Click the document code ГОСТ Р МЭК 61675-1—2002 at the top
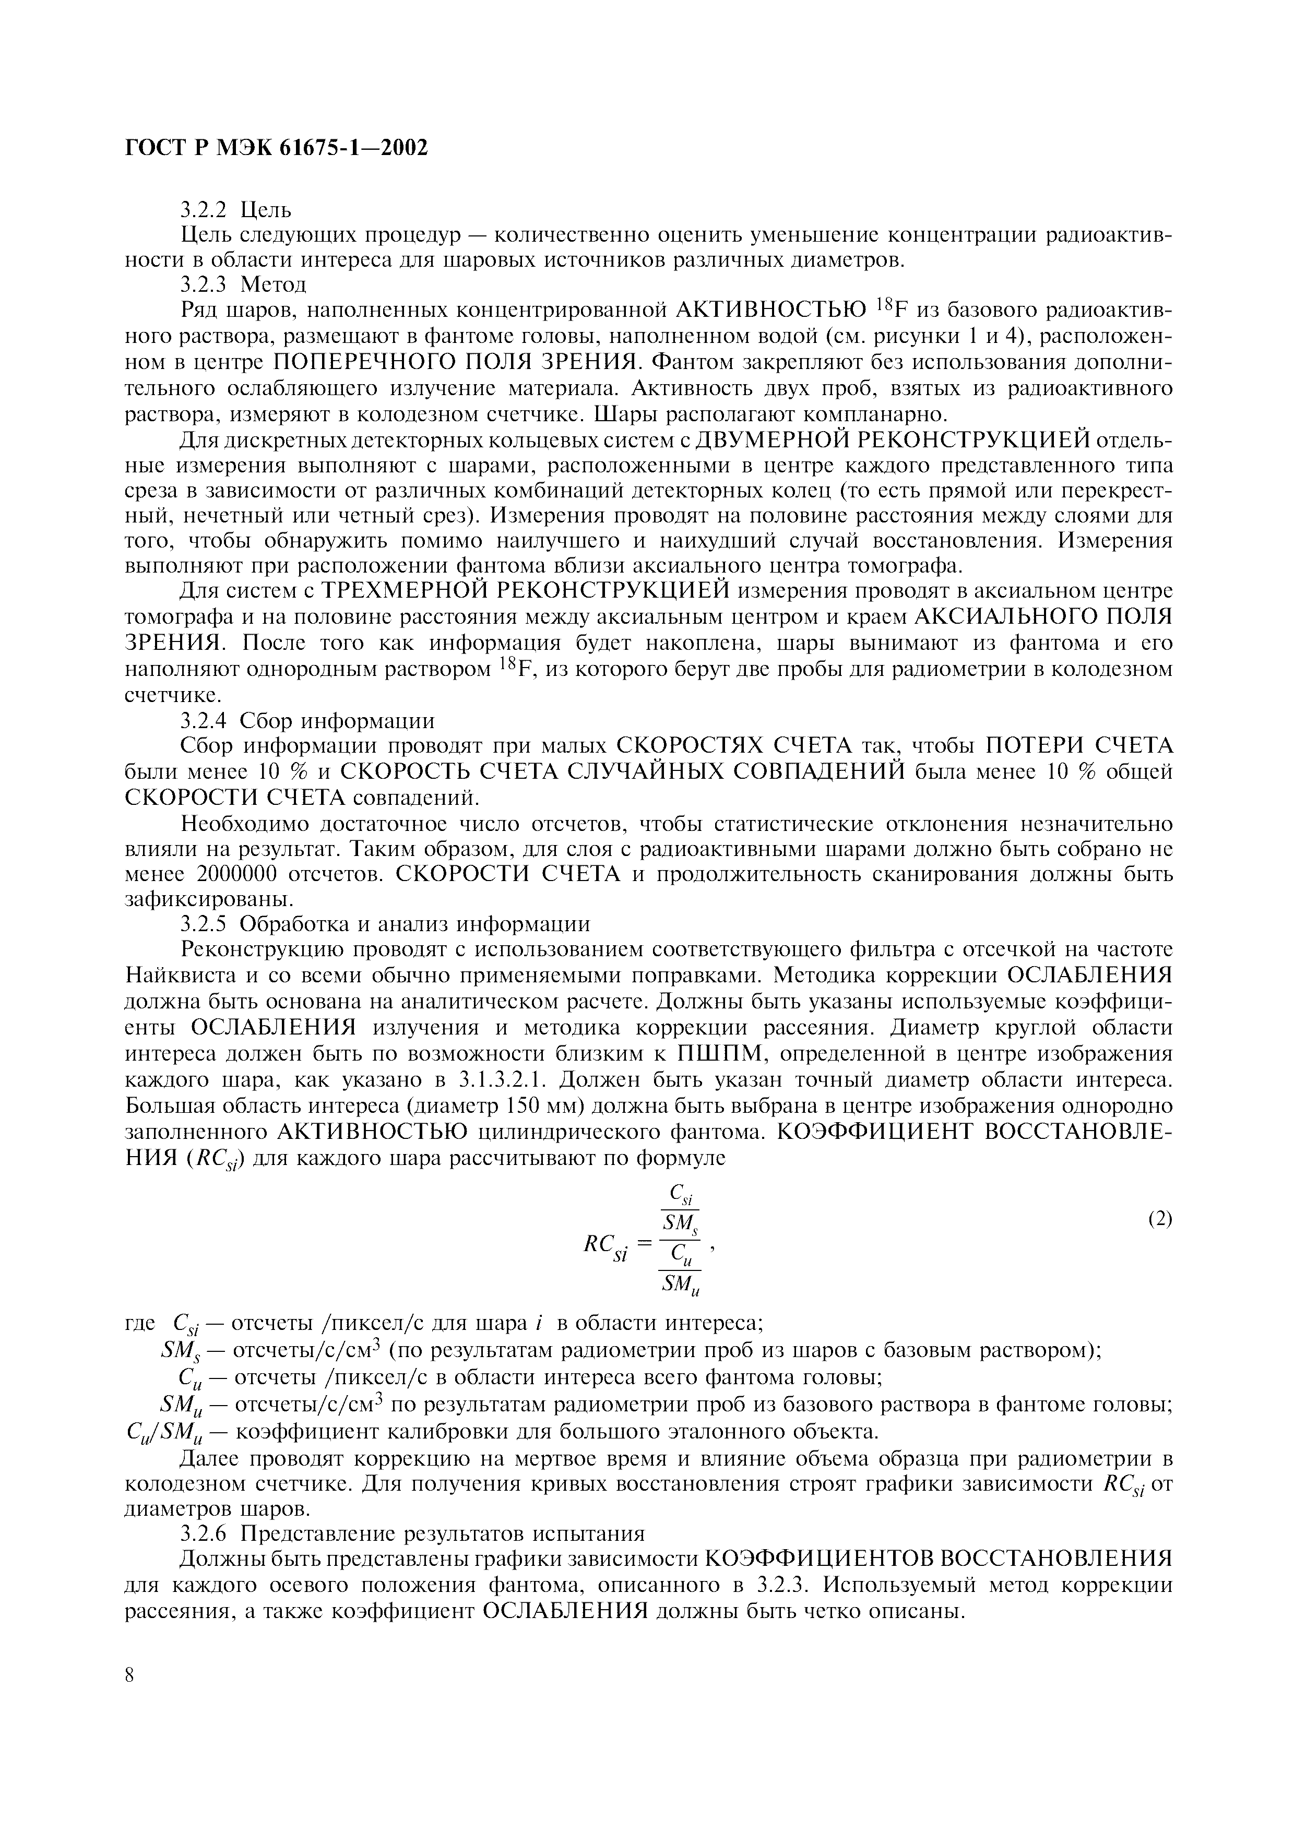[x=277, y=148]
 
